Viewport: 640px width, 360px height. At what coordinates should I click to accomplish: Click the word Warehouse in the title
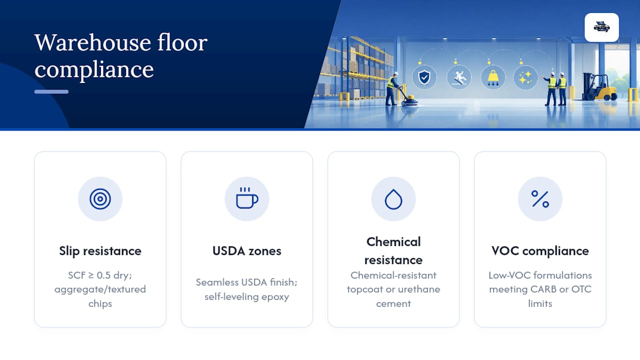92,43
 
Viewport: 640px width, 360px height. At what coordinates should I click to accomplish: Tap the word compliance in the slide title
94,69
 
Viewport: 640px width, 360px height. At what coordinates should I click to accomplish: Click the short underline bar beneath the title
51,91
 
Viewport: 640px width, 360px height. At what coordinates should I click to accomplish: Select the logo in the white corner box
601,27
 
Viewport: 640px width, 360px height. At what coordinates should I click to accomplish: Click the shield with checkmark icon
424,77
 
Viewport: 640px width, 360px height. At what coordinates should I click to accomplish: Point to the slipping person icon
459,77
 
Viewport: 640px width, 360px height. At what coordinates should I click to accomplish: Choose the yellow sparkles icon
525,77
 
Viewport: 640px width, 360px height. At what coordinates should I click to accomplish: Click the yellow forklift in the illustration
599,87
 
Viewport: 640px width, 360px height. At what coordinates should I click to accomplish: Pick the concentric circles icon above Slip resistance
100,199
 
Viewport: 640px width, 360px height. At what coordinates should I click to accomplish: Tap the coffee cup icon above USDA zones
247,198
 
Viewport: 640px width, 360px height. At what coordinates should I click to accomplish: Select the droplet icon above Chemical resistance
393,199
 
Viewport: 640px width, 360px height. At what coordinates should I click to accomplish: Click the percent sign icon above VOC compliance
540,199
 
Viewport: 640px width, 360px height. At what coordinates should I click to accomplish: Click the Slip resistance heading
100,251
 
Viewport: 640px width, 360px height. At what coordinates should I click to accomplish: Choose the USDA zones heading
247,251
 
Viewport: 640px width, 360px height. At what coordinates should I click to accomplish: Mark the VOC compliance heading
540,251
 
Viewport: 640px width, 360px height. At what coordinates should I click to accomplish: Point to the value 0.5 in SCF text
103,275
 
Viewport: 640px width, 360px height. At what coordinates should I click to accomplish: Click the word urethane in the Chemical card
419,289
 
